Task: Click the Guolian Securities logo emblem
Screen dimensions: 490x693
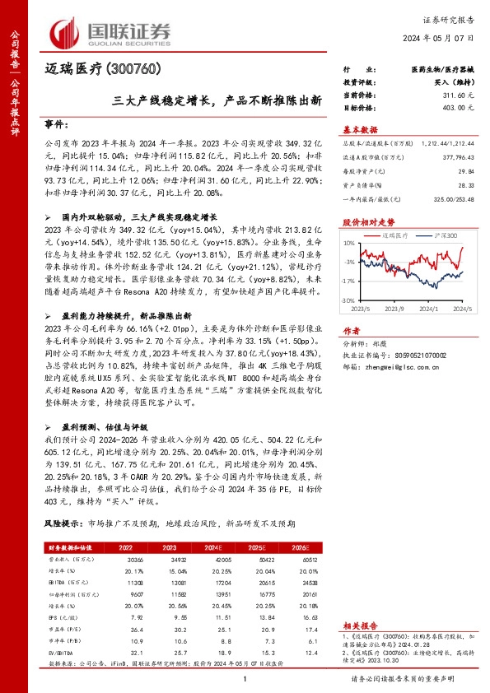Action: point(66,31)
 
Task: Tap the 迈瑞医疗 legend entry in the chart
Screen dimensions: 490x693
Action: point(398,235)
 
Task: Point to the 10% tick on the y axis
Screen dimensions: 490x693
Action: point(349,244)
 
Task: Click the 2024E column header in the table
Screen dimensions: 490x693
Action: point(215,546)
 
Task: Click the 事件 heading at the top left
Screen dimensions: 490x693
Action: point(55,124)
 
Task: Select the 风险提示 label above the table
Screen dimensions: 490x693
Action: point(63,523)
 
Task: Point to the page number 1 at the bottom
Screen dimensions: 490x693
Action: point(245,679)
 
